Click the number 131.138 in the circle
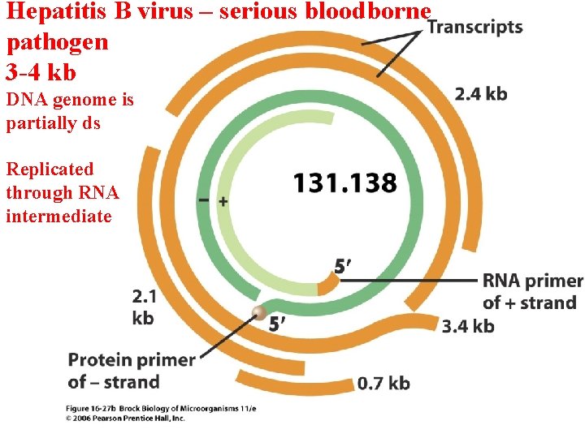(345, 182)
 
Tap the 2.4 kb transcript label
(481, 94)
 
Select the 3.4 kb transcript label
(468, 326)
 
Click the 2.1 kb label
(143, 307)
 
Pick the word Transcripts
(475, 27)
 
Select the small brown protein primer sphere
(259, 314)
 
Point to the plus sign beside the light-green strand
(223, 200)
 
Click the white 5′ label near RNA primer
(343, 266)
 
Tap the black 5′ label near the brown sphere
(278, 324)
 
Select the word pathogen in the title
(57, 42)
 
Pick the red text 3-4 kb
(41, 72)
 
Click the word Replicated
(50, 170)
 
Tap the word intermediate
(58, 217)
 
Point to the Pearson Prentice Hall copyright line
(126, 419)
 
